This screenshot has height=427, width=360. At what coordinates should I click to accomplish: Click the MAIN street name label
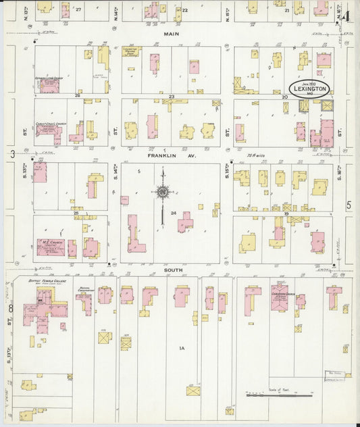coord(171,32)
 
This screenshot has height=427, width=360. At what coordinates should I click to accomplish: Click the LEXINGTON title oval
coord(310,89)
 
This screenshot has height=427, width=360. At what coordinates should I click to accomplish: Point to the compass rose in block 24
coord(162,192)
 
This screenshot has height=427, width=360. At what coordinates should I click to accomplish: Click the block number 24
coord(174,214)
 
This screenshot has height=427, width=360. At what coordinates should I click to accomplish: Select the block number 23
coord(172,97)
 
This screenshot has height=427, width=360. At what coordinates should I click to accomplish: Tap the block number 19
coord(286,214)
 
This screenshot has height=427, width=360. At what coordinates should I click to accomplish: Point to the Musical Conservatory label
coord(84,288)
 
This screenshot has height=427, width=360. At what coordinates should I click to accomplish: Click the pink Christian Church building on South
coord(279,297)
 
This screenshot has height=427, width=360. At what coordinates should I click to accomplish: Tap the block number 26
coord(77,96)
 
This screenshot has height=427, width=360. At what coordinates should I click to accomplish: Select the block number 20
coord(285,97)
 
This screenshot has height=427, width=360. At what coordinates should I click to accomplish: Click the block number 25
coord(76,214)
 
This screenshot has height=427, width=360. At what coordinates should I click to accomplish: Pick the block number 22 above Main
coord(184,10)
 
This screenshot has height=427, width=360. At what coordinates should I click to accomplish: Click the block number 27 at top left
coord(78,9)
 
